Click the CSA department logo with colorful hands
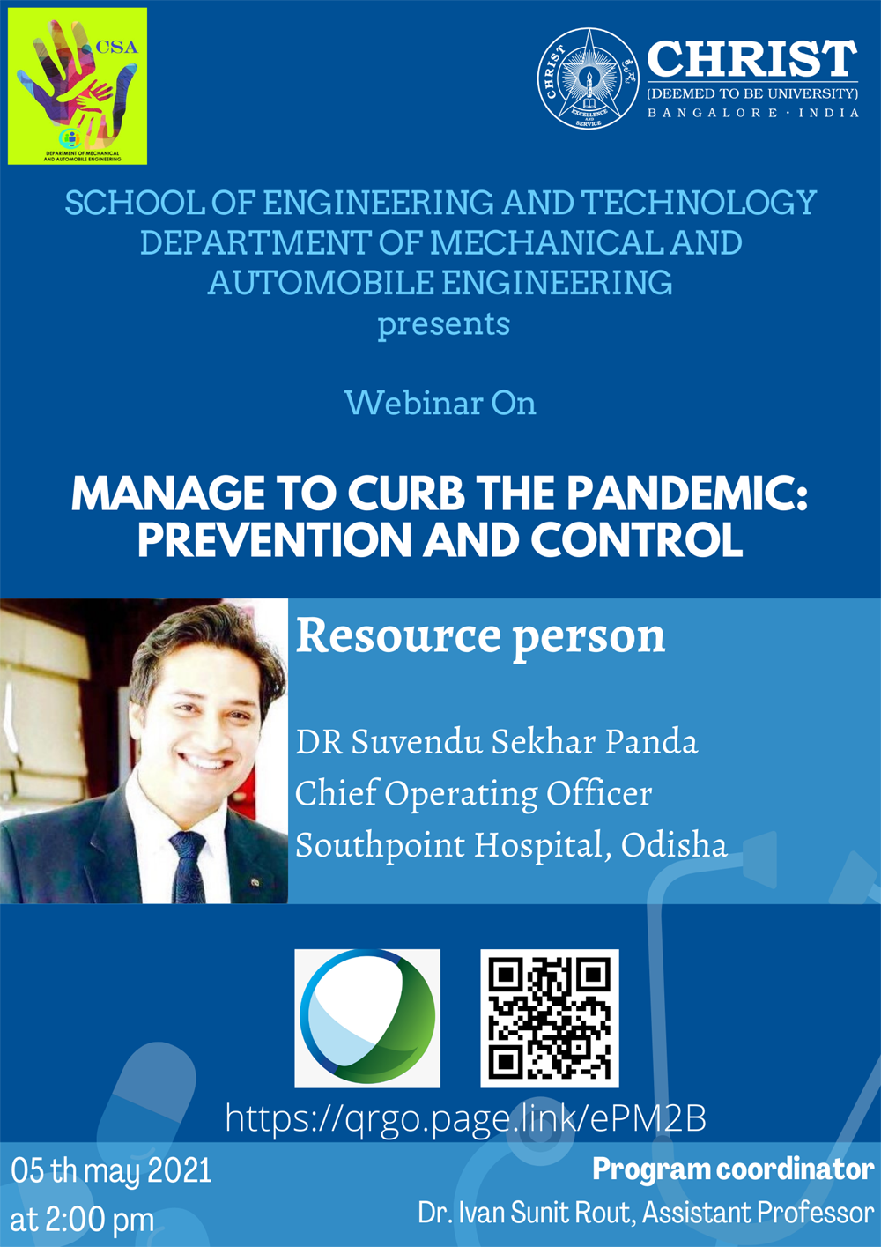(78, 85)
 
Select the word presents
(443, 324)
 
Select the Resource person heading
(480, 637)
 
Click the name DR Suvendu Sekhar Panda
(496, 742)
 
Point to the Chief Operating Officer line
(474, 793)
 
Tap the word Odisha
(674, 844)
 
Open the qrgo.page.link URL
(465, 1118)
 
